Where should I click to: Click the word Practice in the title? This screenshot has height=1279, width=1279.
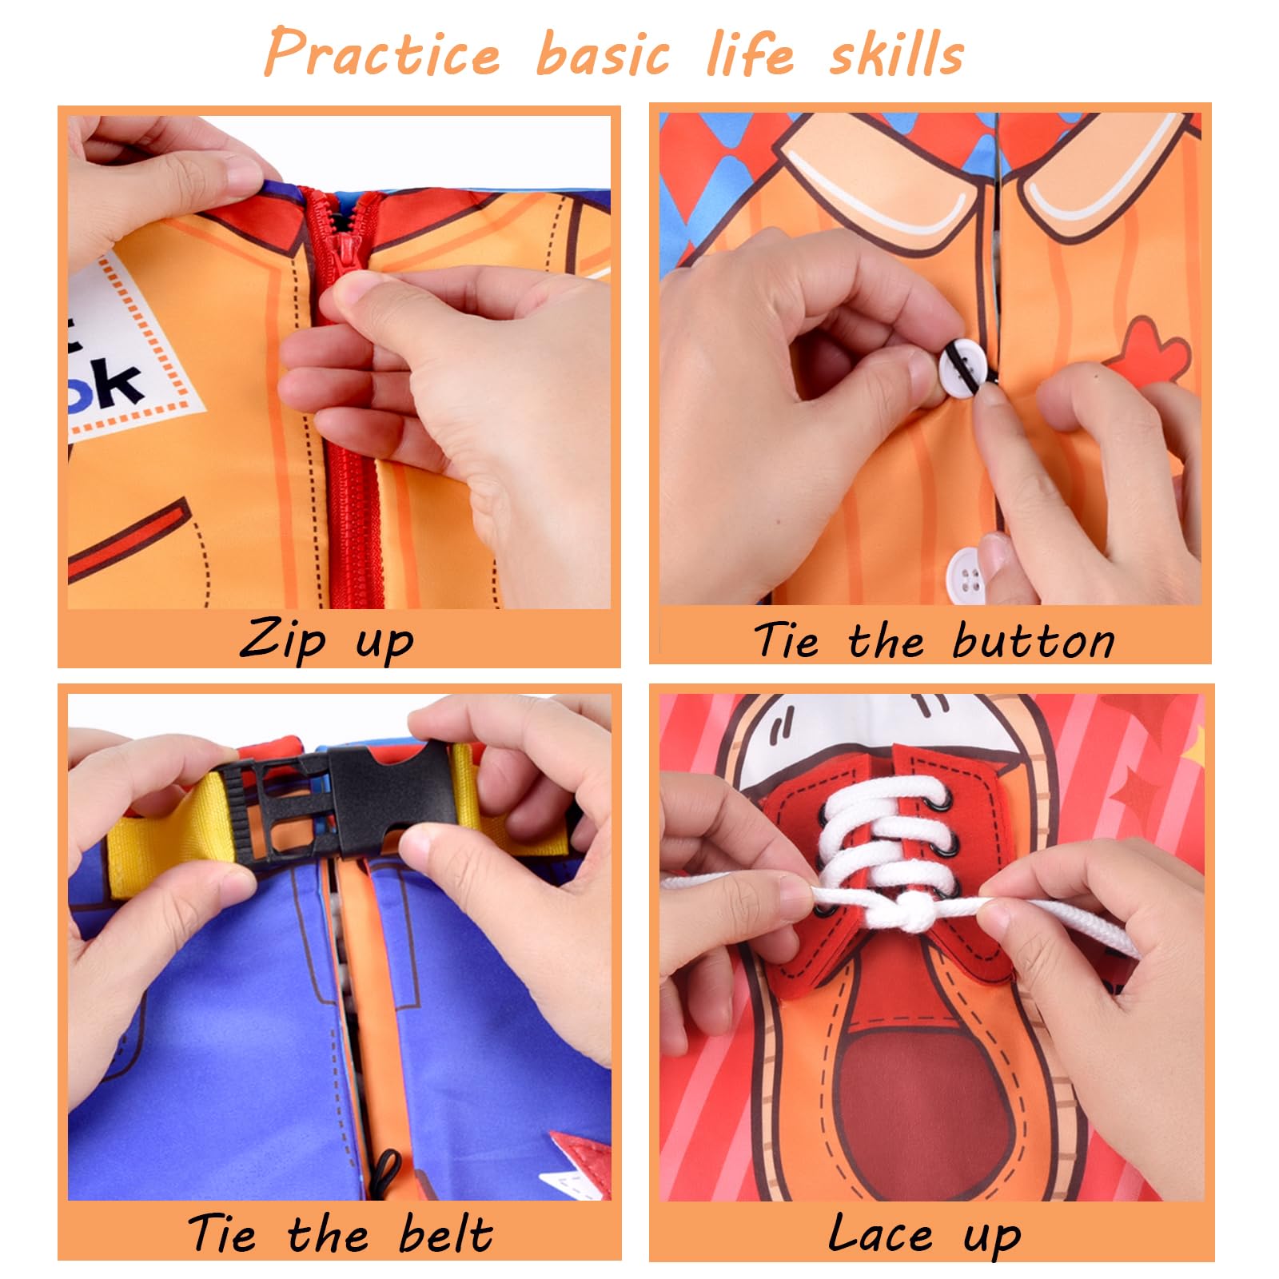382,52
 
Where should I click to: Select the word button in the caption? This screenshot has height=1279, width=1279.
1034,641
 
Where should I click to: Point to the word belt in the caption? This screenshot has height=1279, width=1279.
445,1233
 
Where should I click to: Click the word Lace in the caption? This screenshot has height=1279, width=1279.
880,1233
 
